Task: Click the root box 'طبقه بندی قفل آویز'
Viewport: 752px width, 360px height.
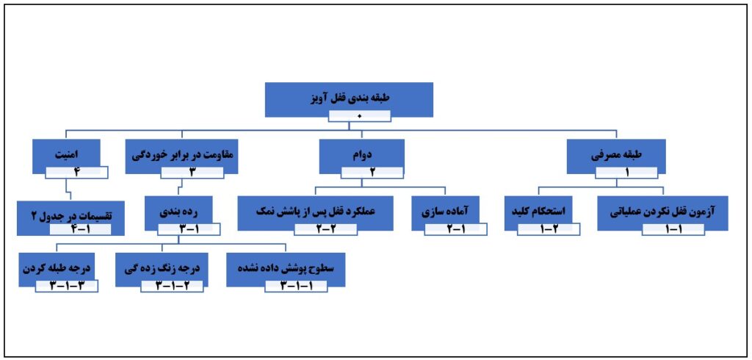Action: coord(349,99)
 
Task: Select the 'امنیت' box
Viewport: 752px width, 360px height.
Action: coord(67,156)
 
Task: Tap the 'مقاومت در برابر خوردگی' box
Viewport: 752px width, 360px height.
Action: coord(181,156)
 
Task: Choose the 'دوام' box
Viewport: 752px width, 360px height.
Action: coord(361,156)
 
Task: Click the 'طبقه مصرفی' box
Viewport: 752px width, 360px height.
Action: coord(616,156)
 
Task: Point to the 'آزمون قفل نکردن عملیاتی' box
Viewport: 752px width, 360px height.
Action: coord(663,212)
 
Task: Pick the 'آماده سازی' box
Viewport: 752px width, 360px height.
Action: coord(446,212)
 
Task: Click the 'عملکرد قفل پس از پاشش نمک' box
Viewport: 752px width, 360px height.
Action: coord(316,212)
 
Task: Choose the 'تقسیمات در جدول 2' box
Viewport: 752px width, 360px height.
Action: coord(70,218)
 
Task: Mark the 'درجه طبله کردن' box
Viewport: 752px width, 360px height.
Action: coord(56,270)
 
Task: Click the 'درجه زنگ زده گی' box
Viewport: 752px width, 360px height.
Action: coord(162,270)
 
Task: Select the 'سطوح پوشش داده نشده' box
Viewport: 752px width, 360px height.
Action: coord(286,270)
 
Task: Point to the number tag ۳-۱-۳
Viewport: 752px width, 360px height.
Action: coord(67,286)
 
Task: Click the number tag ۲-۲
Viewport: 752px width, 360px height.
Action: coord(325,229)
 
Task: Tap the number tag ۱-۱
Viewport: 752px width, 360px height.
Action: coord(673,229)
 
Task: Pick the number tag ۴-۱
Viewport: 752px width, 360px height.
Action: coord(81,229)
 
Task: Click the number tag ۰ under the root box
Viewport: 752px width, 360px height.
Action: coord(360,116)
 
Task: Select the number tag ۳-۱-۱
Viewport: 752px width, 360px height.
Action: coord(296,286)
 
